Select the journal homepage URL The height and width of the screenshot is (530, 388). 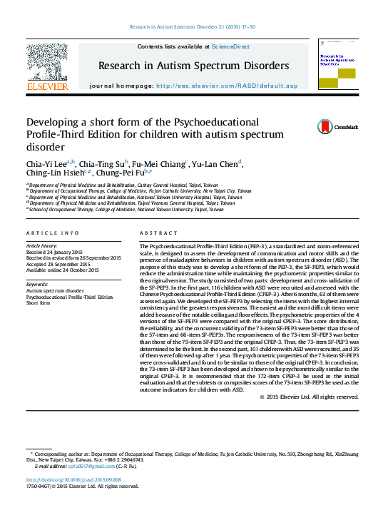point(225,86)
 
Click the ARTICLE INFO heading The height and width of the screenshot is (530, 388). point(53,233)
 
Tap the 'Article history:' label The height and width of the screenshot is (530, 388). point(44,245)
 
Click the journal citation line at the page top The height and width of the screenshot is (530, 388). point(193,26)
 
